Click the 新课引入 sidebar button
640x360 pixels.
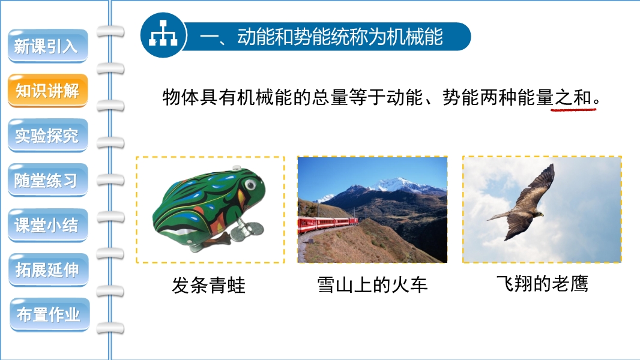(x=48, y=46)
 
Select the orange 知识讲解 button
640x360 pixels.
(x=48, y=91)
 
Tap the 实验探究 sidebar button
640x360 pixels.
(x=48, y=136)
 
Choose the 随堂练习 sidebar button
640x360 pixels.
(x=48, y=180)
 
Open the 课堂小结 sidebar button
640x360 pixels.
(x=48, y=225)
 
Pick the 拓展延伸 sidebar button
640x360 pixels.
(x=48, y=270)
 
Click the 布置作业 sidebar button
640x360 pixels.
(x=49, y=315)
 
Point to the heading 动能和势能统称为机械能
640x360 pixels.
(x=340, y=37)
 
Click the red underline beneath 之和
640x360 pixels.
(x=573, y=109)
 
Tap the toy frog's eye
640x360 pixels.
(x=250, y=185)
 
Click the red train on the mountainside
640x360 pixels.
(x=327, y=224)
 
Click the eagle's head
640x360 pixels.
(x=539, y=214)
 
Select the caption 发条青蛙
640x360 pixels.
(x=208, y=285)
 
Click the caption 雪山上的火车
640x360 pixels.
(x=372, y=284)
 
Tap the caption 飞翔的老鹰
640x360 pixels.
(x=542, y=284)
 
